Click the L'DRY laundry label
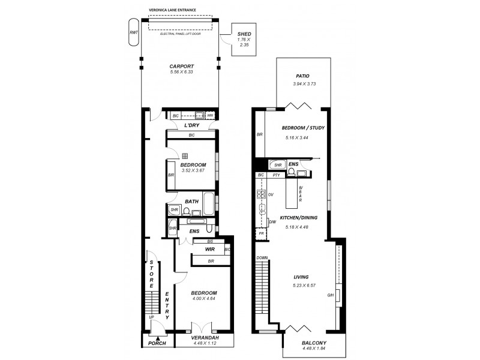(x=191, y=125)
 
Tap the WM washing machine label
(x=211, y=115)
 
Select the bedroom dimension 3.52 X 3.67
(x=194, y=171)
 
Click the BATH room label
(x=192, y=202)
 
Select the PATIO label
(x=302, y=76)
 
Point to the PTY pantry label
(x=276, y=175)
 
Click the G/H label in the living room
(x=329, y=295)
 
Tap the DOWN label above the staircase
(x=263, y=257)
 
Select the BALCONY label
(x=314, y=344)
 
